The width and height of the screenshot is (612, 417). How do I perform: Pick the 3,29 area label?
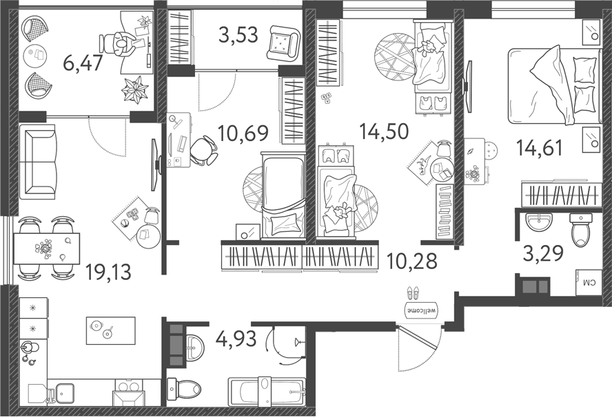(543, 253)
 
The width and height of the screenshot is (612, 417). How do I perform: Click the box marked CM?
(589, 282)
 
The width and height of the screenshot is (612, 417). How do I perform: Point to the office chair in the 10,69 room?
(203, 150)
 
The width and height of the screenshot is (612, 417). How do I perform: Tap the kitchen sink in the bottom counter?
(66, 394)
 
